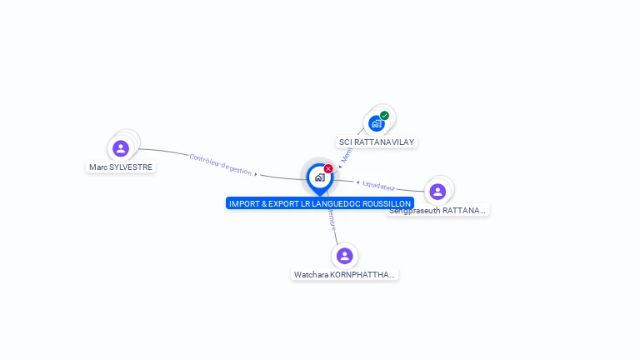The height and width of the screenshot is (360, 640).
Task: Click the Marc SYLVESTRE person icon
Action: click(x=121, y=148)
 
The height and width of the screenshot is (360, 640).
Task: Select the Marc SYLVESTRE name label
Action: click(x=122, y=167)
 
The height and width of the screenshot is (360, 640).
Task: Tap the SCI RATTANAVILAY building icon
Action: click(x=377, y=123)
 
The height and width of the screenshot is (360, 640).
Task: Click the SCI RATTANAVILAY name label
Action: click(x=377, y=142)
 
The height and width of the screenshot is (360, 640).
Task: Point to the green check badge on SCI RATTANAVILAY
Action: click(x=384, y=116)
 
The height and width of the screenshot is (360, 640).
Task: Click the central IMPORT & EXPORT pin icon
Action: click(x=319, y=177)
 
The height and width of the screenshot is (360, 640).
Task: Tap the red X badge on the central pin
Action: click(x=328, y=169)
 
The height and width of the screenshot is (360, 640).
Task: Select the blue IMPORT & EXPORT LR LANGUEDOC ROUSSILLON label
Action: click(x=319, y=203)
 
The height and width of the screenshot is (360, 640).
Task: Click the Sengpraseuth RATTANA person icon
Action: click(x=437, y=192)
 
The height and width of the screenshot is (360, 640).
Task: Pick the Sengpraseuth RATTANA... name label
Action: click(x=437, y=211)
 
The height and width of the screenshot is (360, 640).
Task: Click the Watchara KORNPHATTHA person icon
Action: click(x=345, y=256)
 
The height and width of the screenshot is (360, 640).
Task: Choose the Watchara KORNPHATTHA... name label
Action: click(x=345, y=275)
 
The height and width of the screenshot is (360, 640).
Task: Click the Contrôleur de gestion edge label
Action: click(x=220, y=164)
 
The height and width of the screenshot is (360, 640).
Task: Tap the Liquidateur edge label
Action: click(x=378, y=185)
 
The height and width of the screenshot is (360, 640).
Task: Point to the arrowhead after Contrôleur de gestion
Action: click(x=256, y=174)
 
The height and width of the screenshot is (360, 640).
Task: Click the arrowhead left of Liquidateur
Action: click(x=357, y=182)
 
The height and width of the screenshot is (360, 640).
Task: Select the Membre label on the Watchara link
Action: click(x=332, y=220)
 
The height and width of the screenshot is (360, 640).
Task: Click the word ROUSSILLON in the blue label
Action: click(x=385, y=203)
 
